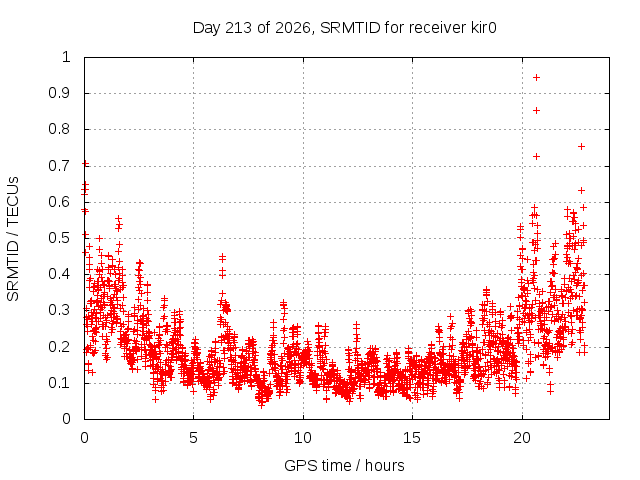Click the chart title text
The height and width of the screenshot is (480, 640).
[x=344, y=28]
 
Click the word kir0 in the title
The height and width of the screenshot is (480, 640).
[x=482, y=28]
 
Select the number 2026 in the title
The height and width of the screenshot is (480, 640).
[x=293, y=28]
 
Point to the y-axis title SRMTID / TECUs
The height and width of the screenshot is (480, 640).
[x=13, y=239]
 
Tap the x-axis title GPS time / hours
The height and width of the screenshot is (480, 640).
[x=344, y=465]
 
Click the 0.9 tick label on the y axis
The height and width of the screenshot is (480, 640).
[x=60, y=93]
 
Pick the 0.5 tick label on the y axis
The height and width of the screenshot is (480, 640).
[x=60, y=238]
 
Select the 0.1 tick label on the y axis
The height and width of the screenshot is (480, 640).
[x=60, y=383]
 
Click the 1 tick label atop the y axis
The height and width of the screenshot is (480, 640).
[x=67, y=57]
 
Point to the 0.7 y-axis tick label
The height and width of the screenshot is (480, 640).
[x=60, y=166]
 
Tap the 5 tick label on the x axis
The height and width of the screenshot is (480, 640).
[x=193, y=438]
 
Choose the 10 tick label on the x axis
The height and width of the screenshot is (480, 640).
[x=303, y=438]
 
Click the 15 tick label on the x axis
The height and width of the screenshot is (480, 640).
[x=412, y=438]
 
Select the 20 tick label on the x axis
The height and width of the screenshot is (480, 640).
[x=522, y=438]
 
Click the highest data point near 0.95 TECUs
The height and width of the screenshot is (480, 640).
[x=537, y=78]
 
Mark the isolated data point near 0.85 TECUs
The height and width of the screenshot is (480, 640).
[x=537, y=111]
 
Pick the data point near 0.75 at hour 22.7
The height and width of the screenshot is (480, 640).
[x=582, y=147]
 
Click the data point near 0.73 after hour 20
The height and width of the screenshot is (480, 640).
[x=537, y=156]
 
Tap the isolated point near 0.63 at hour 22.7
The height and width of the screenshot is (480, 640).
[x=582, y=191]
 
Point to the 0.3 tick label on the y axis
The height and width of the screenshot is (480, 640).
[x=60, y=310]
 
